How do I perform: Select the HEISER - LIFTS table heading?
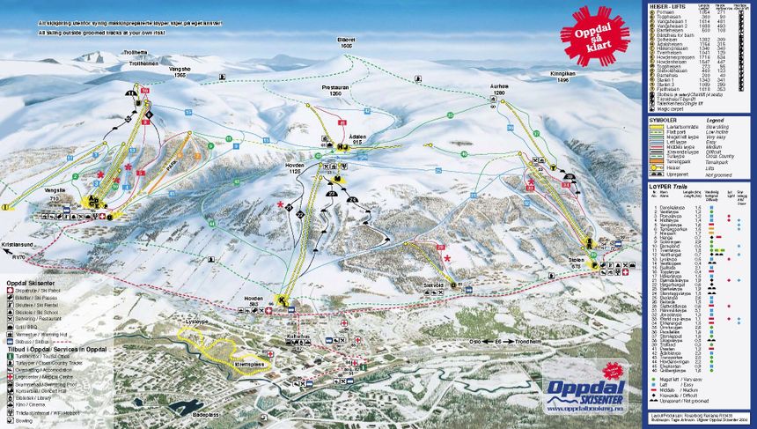pyautogui.click(x=668, y=5)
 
